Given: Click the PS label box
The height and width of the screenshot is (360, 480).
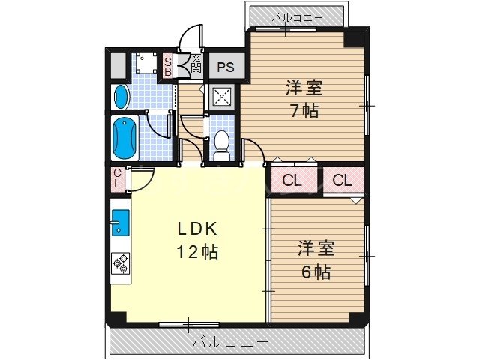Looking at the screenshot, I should coord(226,67).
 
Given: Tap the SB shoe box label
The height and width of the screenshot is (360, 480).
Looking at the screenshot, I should coord(168,66).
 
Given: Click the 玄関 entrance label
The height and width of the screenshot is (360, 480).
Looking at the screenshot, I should coord(195,63).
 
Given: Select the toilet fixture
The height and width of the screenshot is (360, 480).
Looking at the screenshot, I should coord(221,142).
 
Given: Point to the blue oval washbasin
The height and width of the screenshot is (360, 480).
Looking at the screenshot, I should coord(121,96).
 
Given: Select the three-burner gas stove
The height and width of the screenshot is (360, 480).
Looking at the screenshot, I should coord(120,262).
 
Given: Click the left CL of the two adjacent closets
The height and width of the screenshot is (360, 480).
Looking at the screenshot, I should coord(294,180).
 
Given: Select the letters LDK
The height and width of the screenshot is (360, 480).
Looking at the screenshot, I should coord(197,228).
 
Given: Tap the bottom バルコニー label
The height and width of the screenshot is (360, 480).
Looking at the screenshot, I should coord(229,343).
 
